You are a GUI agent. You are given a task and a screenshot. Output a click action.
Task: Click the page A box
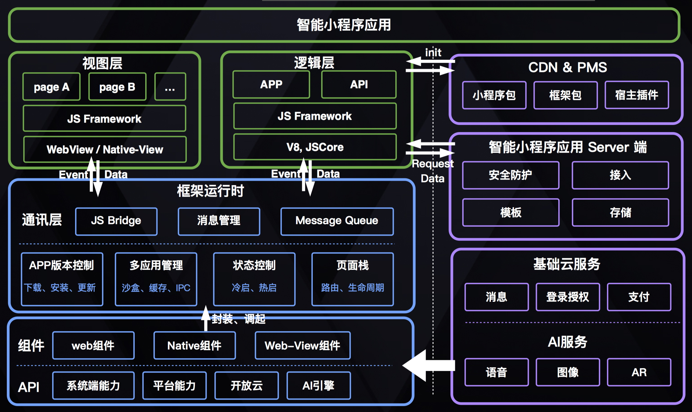[52, 87]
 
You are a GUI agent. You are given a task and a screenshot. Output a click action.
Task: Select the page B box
[117, 87]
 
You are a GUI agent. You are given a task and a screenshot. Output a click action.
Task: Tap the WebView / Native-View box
[105, 150]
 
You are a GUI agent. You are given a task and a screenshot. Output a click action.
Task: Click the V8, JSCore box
[315, 147]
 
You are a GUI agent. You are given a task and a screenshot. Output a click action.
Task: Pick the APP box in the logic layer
[271, 84]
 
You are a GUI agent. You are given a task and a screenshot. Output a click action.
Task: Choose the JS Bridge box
[116, 221]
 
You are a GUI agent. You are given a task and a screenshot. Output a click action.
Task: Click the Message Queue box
[337, 221]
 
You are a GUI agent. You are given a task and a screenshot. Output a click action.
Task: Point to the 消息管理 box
[219, 221]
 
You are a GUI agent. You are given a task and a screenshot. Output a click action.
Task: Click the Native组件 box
[195, 346]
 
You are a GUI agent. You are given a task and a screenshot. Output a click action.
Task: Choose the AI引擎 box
[319, 386]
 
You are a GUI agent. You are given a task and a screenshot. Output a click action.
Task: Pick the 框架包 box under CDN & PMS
[565, 95]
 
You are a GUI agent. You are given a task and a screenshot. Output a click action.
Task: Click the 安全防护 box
[510, 175]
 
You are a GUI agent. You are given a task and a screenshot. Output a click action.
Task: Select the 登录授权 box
[568, 297]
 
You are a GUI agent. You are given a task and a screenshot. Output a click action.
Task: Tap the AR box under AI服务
[639, 372]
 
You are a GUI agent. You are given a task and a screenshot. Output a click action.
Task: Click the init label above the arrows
[433, 52]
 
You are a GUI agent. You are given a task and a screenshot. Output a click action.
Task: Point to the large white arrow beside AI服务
[428, 365]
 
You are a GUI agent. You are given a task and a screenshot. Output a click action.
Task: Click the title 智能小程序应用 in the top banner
[344, 25]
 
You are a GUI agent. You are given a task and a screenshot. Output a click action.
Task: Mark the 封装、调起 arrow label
[238, 319]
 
